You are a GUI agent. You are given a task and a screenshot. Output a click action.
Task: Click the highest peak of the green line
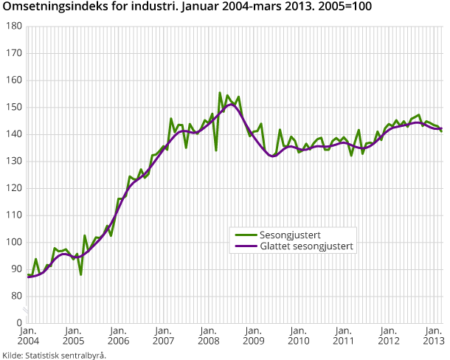point(220,93)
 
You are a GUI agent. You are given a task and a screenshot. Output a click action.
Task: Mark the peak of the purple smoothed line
point(231,104)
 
